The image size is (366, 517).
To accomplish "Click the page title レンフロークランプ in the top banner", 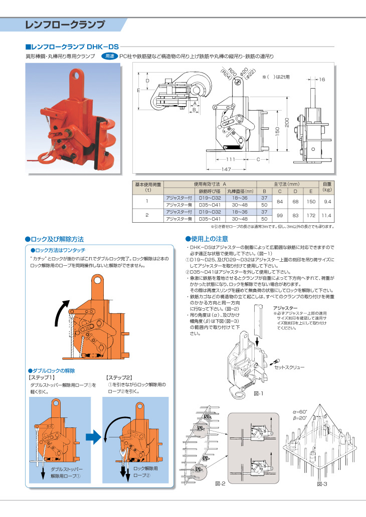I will (65, 25).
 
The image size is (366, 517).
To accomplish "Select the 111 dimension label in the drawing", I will (231, 159).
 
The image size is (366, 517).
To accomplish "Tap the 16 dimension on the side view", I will (322, 80).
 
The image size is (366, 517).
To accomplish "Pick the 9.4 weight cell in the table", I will (327, 202).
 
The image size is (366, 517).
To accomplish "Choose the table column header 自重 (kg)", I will (327, 187).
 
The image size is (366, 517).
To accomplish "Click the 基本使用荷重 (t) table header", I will (148, 187).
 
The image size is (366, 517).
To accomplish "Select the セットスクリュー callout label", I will (290, 367).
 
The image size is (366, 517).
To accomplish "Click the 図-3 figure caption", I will (322, 484).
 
